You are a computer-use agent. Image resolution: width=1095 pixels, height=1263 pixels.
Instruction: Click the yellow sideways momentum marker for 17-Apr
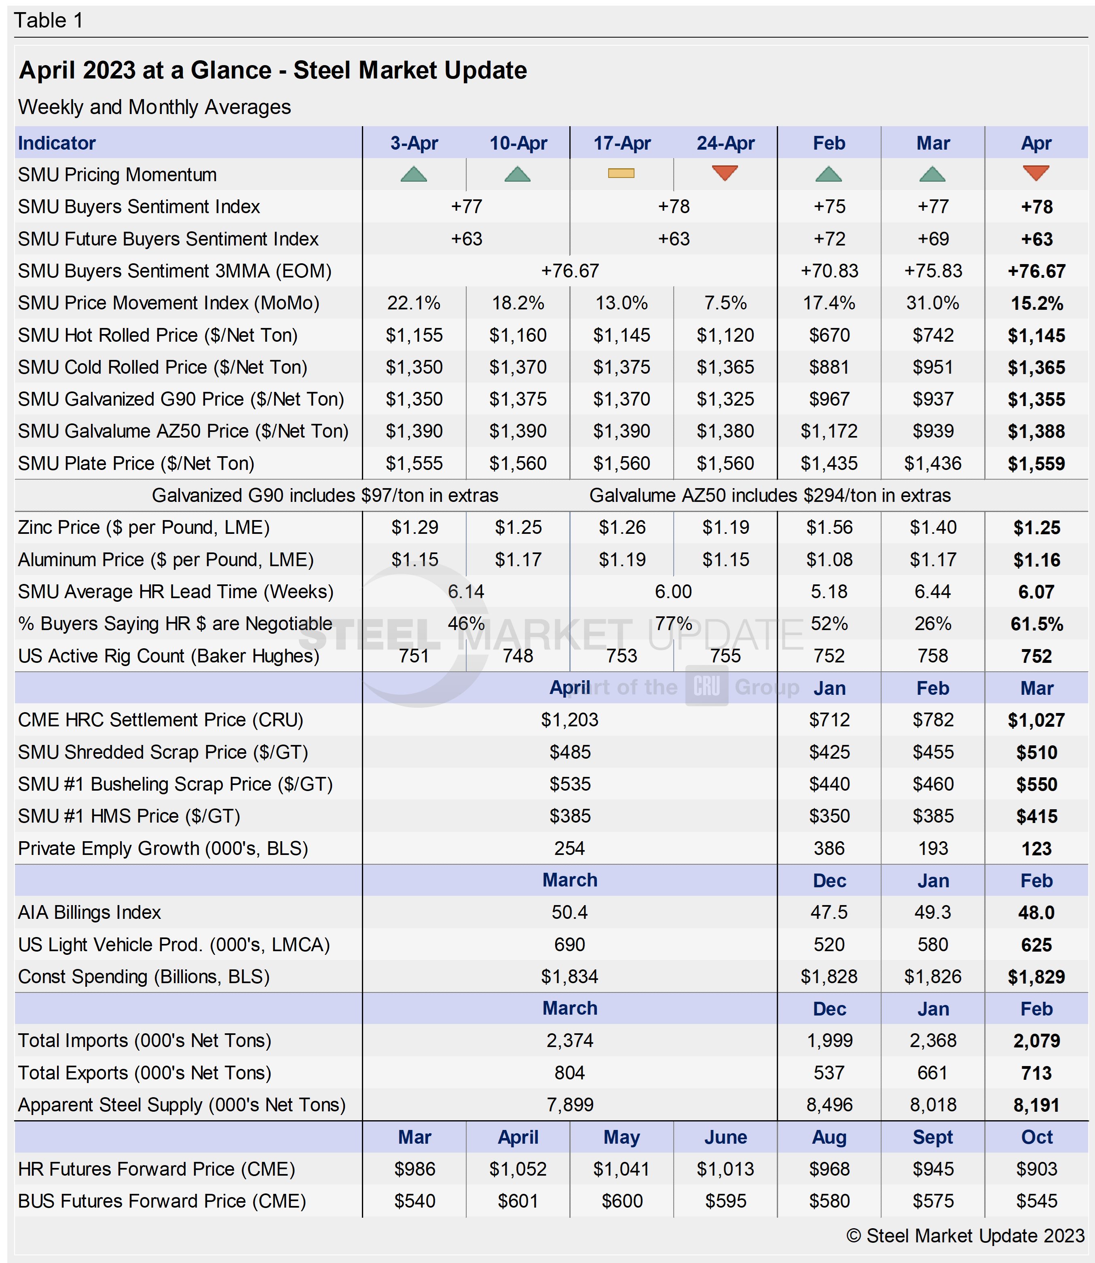pyautogui.click(x=621, y=173)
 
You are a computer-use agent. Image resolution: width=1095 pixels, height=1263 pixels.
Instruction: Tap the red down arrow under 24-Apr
pyautogui.click(x=725, y=173)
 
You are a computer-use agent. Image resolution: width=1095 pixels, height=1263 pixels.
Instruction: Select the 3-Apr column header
pyautogui.click(x=414, y=143)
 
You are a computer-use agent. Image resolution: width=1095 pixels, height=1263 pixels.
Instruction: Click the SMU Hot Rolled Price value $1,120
pyautogui.click(x=725, y=335)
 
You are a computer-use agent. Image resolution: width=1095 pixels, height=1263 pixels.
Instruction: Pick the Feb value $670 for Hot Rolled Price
pyautogui.click(x=829, y=335)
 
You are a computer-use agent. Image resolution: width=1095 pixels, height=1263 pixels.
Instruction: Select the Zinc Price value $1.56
pyautogui.click(x=829, y=527)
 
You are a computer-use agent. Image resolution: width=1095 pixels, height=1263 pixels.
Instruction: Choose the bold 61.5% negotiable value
pyautogui.click(x=1036, y=624)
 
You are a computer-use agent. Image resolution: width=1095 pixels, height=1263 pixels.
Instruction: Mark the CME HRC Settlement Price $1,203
pyautogui.click(x=569, y=720)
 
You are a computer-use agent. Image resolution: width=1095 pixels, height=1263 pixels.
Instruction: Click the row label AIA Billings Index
pyautogui.click(x=89, y=912)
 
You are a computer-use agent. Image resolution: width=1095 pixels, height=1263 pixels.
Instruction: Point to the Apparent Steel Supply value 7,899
pyautogui.click(x=569, y=1105)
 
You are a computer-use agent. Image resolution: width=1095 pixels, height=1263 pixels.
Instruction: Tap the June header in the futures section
pyautogui.click(x=725, y=1137)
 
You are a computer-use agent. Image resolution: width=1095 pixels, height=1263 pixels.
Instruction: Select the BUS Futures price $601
pyautogui.click(x=518, y=1201)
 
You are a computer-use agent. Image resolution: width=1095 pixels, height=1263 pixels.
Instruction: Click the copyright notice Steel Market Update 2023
pyautogui.click(x=966, y=1235)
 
